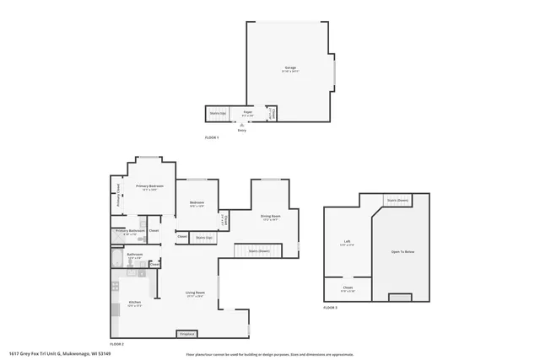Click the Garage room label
pyautogui.click(x=289, y=68)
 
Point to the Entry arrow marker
pyautogui.click(x=242, y=128)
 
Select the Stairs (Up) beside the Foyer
pyautogui.click(x=217, y=112)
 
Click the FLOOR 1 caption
pyautogui.click(x=212, y=137)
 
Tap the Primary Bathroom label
pyautogui.click(x=128, y=231)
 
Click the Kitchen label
pyautogui.click(x=134, y=302)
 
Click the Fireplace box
pyautogui.click(x=187, y=334)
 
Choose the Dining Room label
pyautogui.click(x=271, y=218)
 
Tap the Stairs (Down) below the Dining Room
pyautogui.click(x=258, y=250)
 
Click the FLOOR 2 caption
pyautogui.click(x=117, y=345)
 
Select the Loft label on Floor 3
pyautogui.click(x=347, y=242)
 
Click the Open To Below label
pyautogui.click(x=402, y=252)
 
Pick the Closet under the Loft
pyautogui.click(x=347, y=289)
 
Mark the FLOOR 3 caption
pyautogui.click(x=331, y=308)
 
